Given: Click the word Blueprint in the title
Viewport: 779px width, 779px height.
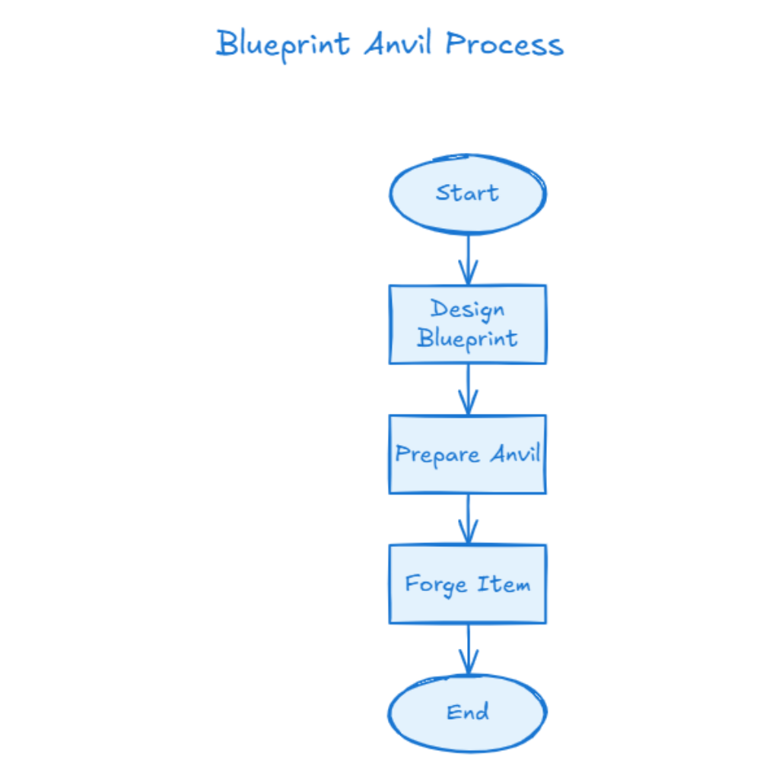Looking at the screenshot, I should pyautogui.click(x=282, y=44).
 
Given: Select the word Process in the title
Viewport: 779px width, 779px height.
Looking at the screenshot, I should pyautogui.click(x=504, y=44).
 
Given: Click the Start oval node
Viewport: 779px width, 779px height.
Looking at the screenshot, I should pyautogui.click(x=468, y=194).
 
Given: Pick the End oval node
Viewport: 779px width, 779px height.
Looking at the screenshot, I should pyautogui.click(x=468, y=713).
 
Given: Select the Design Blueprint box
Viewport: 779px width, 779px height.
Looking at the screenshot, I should pyautogui.click(x=468, y=324).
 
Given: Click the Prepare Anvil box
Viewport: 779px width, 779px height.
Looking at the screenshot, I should pyautogui.click(x=468, y=454).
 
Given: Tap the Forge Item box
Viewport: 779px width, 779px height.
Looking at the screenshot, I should pyautogui.click(x=468, y=584).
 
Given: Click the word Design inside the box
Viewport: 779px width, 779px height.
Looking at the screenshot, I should pyautogui.click(x=468, y=310).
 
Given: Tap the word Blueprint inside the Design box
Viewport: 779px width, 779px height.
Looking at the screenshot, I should pyautogui.click(x=468, y=338).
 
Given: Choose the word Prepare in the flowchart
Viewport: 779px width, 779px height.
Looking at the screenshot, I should pyautogui.click(x=437, y=455).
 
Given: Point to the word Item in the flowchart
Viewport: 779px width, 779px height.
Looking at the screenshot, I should pyautogui.click(x=504, y=584).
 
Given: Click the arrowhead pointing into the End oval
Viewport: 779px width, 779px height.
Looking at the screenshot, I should pyautogui.click(x=468, y=664).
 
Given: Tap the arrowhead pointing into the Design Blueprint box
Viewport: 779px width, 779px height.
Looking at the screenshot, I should pyautogui.click(x=468, y=274).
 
